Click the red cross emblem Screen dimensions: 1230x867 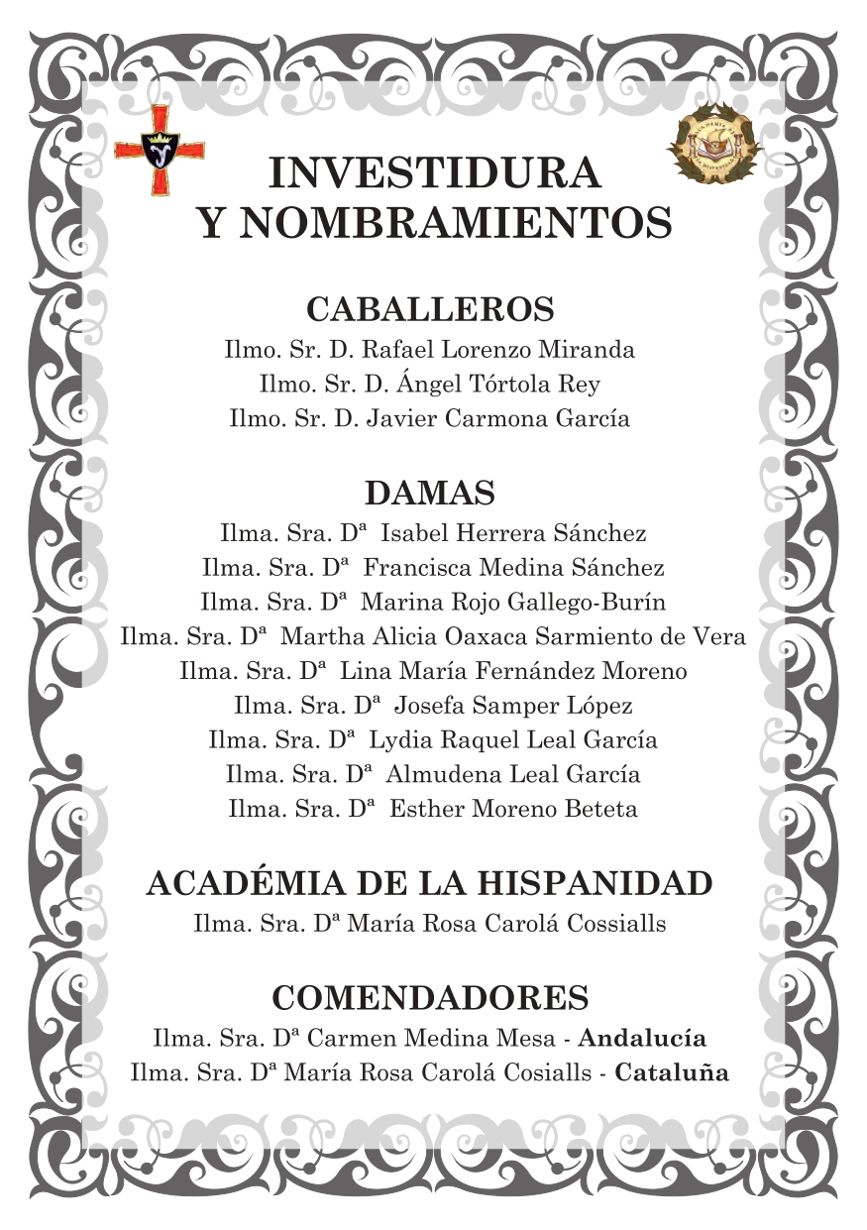(x=160, y=150)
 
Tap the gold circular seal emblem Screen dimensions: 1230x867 (x=714, y=143)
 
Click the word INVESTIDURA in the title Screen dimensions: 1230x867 (x=434, y=173)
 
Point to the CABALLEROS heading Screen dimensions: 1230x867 (x=430, y=309)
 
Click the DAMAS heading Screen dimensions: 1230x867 (x=430, y=493)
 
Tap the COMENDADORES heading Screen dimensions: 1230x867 (x=430, y=997)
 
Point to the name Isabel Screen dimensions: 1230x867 (x=415, y=534)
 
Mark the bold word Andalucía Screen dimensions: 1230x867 (x=642, y=1040)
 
